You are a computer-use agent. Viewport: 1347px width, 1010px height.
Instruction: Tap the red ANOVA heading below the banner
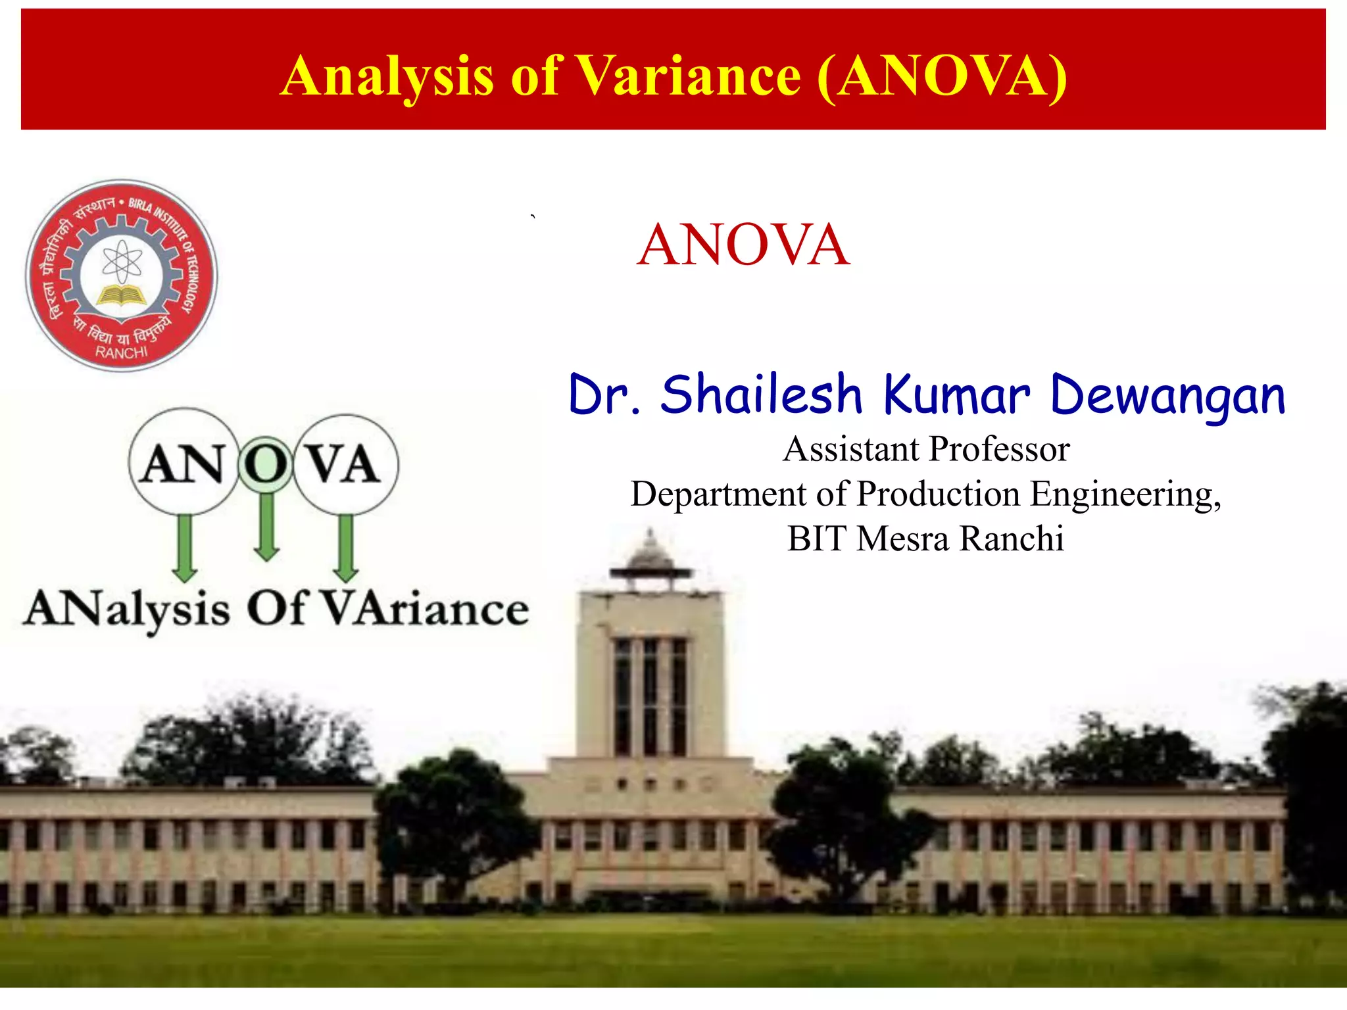(x=743, y=245)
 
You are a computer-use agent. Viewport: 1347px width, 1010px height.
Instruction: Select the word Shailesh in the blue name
(x=761, y=395)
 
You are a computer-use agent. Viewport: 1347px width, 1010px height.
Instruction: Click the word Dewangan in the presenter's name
(x=1168, y=396)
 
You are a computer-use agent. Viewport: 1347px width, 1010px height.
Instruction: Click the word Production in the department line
(x=939, y=494)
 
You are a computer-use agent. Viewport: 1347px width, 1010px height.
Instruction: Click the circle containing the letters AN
(x=184, y=462)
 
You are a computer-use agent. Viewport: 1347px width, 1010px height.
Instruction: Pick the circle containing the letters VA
(x=345, y=464)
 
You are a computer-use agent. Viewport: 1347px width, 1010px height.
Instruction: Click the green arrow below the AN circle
(x=185, y=548)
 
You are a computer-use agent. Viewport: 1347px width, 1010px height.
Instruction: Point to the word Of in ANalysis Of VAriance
(x=276, y=608)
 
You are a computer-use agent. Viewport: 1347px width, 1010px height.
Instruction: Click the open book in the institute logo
(x=122, y=295)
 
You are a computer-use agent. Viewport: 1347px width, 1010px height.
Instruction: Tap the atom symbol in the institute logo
(x=122, y=261)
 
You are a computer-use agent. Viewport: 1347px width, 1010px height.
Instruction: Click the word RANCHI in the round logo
(x=122, y=352)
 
